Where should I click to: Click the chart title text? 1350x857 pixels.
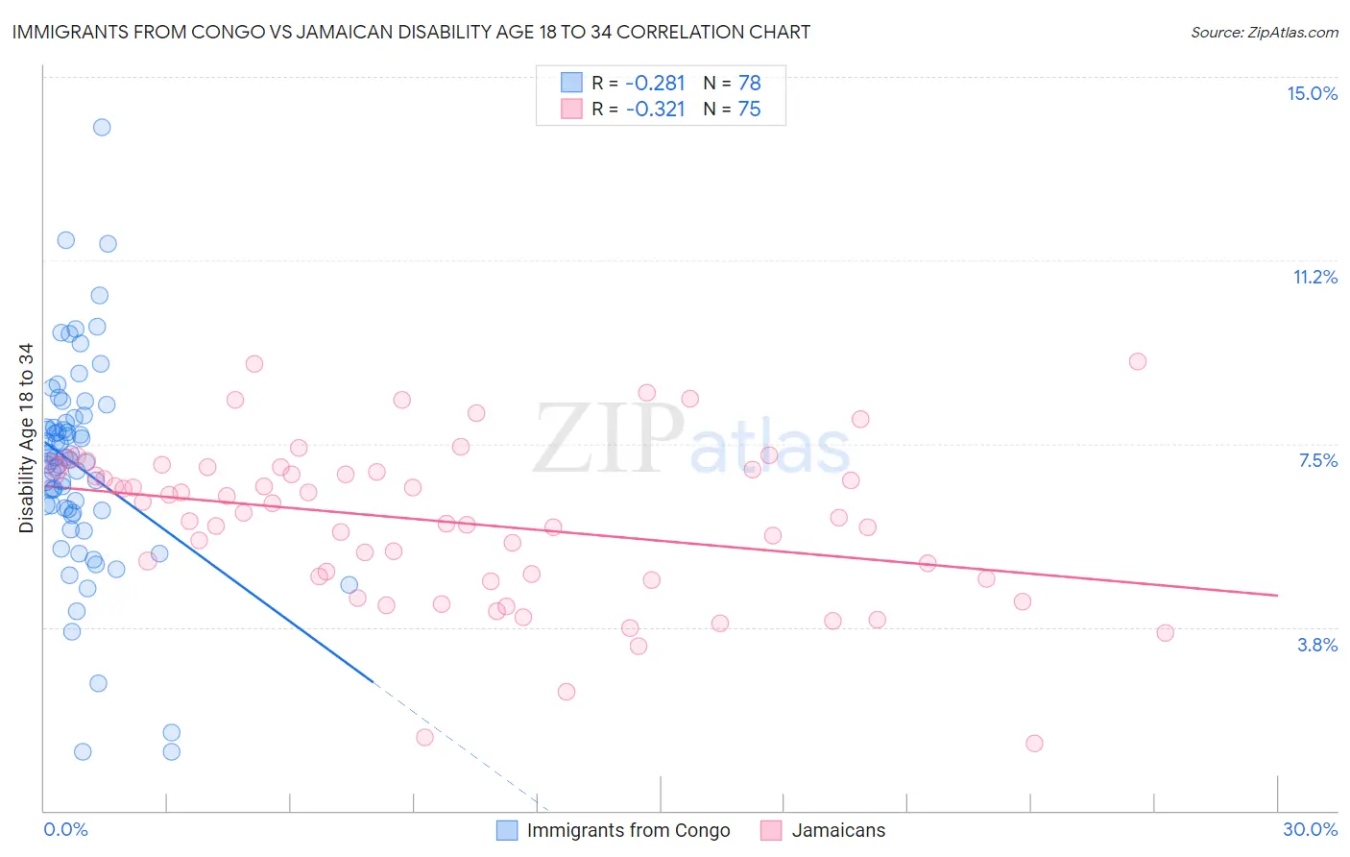click(x=411, y=32)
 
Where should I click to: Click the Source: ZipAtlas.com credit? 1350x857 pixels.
click(x=1264, y=32)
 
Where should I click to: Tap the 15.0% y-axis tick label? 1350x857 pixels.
click(x=1312, y=93)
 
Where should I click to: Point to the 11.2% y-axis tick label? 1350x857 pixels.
click(x=1314, y=277)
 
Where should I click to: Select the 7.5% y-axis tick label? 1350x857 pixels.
click(x=1317, y=460)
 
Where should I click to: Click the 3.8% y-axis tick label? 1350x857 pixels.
click(x=1317, y=645)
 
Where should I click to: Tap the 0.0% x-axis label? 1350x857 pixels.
click(x=65, y=829)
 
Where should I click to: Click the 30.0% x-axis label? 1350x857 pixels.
click(x=1310, y=829)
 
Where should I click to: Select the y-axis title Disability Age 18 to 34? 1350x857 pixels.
click(x=26, y=438)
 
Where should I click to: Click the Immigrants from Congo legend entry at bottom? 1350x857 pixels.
click(x=615, y=830)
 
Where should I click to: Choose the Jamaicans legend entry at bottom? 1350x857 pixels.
click(x=824, y=830)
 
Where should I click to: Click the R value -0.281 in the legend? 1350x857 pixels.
click(x=655, y=84)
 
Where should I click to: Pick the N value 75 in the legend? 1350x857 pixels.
click(x=749, y=110)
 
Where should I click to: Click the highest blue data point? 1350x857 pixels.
click(x=102, y=127)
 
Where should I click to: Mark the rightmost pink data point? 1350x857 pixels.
click(x=1165, y=632)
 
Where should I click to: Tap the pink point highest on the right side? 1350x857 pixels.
click(x=1137, y=361)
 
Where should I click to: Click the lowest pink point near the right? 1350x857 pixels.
click(x=1034, y=743)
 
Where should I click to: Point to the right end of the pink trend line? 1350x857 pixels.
click(x=1277, y=596)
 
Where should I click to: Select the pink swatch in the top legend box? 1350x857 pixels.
click(x=571, y=110)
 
